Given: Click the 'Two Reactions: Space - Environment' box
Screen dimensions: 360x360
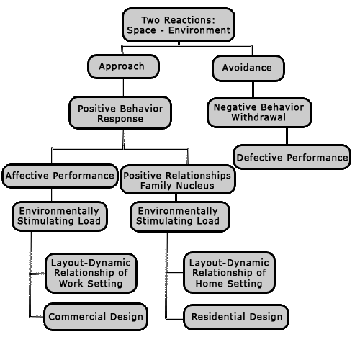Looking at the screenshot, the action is click(179, 25).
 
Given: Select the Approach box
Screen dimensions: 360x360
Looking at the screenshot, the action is click(123, 66).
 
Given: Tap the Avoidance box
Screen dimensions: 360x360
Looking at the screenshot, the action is click(248, 68).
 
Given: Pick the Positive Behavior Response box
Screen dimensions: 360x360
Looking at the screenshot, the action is click(120, 113).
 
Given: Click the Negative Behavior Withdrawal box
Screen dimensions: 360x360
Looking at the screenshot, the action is click(259, 112).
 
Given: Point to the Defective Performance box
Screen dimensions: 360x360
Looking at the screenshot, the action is click(292, 157).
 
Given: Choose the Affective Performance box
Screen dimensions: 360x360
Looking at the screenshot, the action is click(60, 176).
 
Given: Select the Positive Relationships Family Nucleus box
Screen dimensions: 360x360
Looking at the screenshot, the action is click(178, 179).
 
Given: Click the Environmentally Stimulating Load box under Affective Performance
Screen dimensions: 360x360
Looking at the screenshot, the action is click(60, 216).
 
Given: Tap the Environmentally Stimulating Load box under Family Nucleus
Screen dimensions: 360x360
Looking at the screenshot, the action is click(180, 217).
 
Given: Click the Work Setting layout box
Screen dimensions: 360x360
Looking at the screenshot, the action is click(91, 273).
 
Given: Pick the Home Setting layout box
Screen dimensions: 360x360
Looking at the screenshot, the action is click(229, 273).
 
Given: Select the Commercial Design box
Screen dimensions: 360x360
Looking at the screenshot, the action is click(96, 317).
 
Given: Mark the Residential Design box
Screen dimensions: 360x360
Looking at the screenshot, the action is click(236, 317).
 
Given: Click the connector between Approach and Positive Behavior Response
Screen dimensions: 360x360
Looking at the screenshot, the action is click(123, 88).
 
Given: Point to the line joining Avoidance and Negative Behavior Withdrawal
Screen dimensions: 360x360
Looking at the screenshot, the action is click(253, 89).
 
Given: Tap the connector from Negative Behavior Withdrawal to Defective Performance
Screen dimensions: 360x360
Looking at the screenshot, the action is click(287, 136).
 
